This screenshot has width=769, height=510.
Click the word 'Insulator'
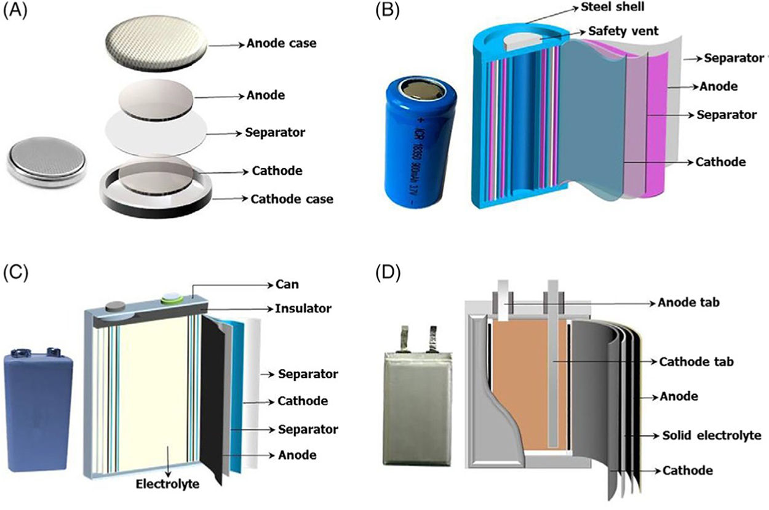(x=295, y=307)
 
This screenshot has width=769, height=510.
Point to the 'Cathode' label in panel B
(x=720, y=162)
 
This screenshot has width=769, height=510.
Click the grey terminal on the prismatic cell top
(x=114, y=306)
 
